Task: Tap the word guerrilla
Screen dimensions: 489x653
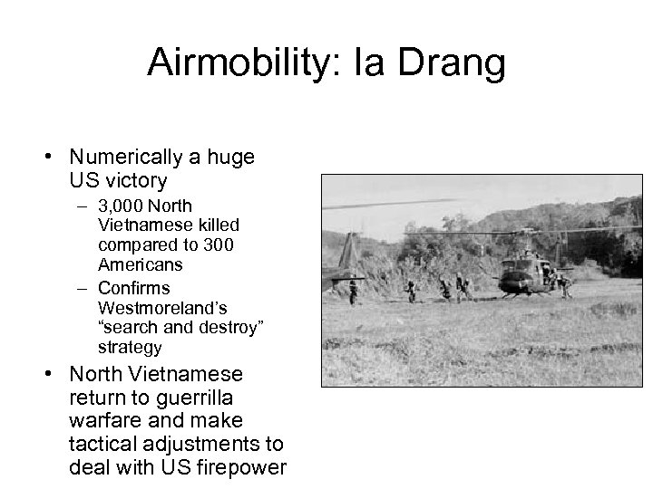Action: click(194, 397)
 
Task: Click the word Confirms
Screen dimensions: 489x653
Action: click(134, 288)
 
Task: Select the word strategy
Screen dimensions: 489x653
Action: click(130, 348)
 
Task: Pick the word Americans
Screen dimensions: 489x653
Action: click(141, 265)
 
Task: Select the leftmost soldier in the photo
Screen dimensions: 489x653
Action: click(353, 291)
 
